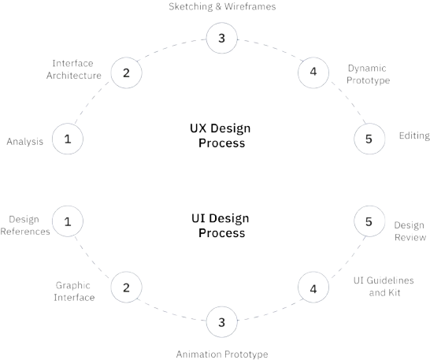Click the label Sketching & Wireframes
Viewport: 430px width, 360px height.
(222, 6)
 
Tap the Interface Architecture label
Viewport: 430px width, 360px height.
(74, 69)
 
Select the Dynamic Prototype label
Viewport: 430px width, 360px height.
(368, 74)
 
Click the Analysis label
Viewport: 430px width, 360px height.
(25, 142)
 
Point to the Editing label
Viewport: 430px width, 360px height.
(414, 135)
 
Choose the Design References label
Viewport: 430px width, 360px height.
(25, 225)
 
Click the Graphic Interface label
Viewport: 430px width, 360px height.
(74, 291)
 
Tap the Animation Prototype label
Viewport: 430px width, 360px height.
(222, 354)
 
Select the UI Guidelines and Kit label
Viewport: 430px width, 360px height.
(384, 287)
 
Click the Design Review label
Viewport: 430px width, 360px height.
(410, 232)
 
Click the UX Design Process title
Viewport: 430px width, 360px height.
(221, 135)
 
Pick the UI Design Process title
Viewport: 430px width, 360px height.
(221, 225)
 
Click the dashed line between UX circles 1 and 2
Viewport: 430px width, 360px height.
(91, 102)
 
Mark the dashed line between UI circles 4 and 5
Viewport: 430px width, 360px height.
(348, 258)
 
